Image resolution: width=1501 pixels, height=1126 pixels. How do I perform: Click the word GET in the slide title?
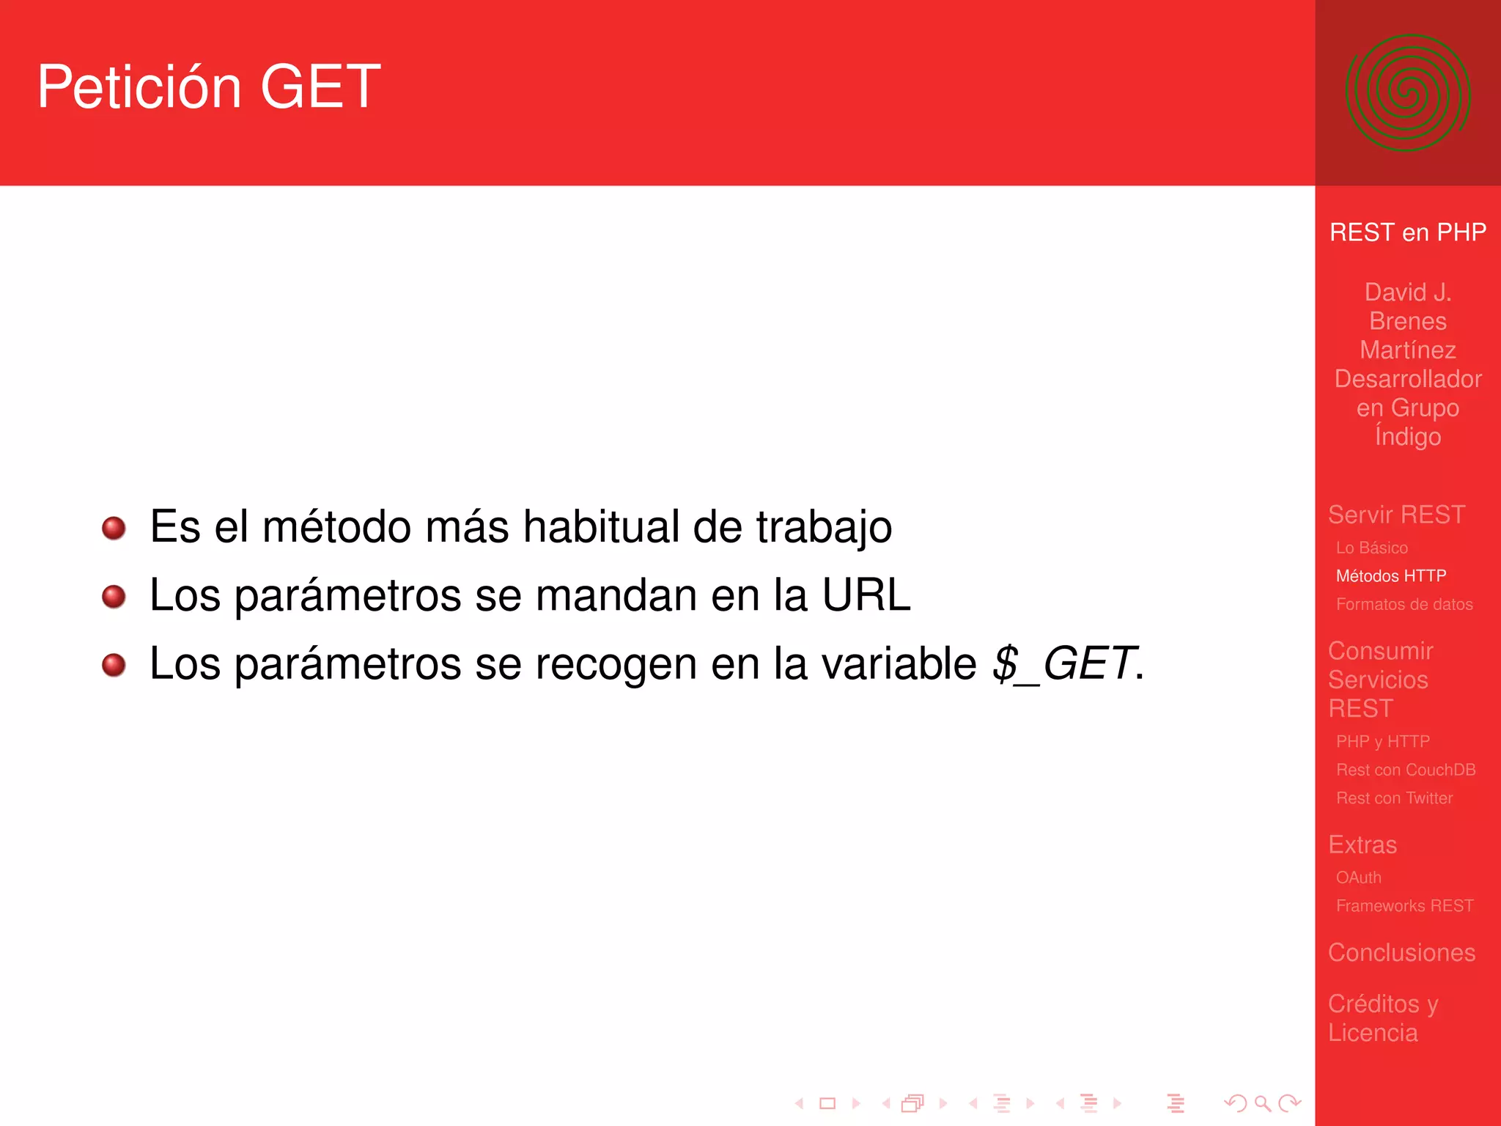click(x=320, y=87)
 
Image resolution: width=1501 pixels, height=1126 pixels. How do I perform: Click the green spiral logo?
click(x=1407, y=93)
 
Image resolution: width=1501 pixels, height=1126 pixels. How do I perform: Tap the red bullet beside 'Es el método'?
click(x=114, y=528)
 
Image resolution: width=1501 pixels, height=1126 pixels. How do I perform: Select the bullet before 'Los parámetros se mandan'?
click(x=114, y=596)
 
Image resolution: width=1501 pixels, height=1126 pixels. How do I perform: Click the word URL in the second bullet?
click(x=866, y=595)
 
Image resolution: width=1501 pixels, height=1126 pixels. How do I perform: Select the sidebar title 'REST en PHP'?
click(x=1407, y=232)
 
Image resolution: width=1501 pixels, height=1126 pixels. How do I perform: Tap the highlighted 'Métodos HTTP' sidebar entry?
click(x=1390, y=576)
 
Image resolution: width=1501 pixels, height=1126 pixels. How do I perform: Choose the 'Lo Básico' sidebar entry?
click(x=1371, y=548)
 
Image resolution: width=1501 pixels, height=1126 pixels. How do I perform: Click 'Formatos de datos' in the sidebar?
click(x=1404, y=605)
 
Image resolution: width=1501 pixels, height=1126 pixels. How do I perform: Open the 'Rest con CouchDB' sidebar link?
click(x=1405, y=770)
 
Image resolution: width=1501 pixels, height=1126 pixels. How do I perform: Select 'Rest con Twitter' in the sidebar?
click(x=1394, y=798)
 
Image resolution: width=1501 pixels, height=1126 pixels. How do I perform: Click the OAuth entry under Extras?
click(x=1358, y=877)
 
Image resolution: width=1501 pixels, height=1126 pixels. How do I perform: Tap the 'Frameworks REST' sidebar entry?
click(x=1404, y=906)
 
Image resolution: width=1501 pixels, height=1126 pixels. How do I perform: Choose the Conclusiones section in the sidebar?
click(x=1401, y=952)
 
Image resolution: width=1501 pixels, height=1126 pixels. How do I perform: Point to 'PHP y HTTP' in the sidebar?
click(x=1382, y=742)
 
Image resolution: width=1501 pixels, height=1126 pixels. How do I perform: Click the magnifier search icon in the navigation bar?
click(x=1262, y=1103)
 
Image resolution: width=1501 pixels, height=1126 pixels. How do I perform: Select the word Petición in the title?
click(x=139, y=87)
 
